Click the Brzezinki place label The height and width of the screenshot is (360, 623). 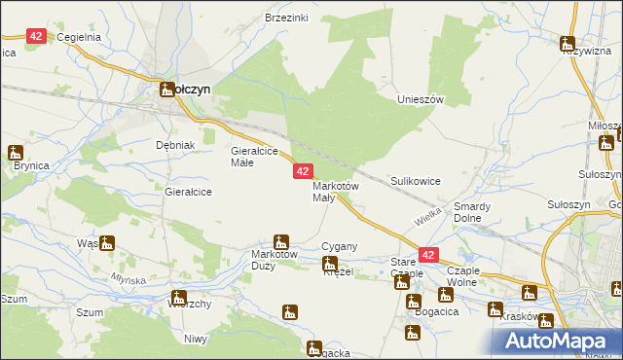(286, 18)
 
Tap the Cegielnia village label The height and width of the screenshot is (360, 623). (79, 37)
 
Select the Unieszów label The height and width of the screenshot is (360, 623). (421, 100)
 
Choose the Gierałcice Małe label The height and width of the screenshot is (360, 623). (254, 157)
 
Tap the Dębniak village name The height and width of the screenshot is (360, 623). (176, 145)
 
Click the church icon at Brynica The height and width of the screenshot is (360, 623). (16, 152)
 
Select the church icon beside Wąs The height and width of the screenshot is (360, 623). (107, 243)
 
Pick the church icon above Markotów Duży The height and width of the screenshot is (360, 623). (281, 240)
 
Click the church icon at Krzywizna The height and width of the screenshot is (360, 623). (568, 42)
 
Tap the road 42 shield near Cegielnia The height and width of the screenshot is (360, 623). (36, 36)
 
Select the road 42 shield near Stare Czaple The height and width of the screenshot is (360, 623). (428, 254)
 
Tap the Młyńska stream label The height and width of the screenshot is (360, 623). (128, 279)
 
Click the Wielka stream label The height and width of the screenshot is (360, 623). (428, 215)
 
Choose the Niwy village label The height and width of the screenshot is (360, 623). (196, 339)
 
